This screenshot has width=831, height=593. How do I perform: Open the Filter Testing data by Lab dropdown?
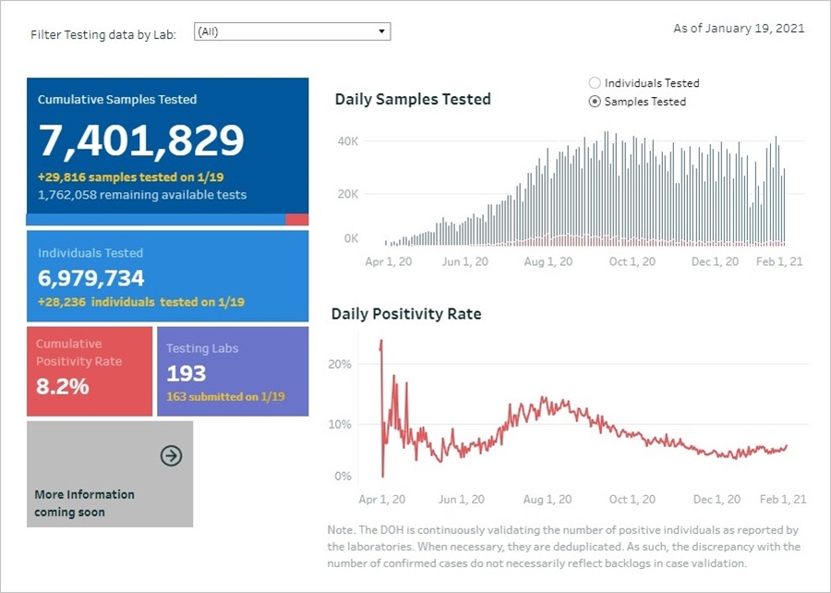point(292,32)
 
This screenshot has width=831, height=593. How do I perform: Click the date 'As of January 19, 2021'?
point(739,29)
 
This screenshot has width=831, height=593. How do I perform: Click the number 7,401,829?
point(141,140)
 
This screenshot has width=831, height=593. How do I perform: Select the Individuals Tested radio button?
point(596,83)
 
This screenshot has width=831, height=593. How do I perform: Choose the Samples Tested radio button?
point(596,102)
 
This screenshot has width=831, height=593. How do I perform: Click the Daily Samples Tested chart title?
point(413,100)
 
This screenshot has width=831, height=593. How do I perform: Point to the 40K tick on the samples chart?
point(347,141)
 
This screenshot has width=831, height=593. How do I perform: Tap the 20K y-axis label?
point(347,194)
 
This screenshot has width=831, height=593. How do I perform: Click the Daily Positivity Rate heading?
point(406,314)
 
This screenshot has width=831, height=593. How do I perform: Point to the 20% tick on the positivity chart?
point(341,365)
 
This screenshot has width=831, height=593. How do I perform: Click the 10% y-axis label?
point(341,425)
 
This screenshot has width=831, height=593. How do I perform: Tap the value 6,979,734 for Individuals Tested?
point(91,278)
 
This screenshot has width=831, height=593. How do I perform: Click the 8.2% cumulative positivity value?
point(63,386)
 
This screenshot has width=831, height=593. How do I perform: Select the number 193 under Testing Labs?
point(187,374)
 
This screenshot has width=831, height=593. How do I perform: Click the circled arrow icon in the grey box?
point(171,455)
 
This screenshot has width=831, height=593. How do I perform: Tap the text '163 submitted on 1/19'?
point(225,397)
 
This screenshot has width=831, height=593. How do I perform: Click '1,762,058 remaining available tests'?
point(142,195)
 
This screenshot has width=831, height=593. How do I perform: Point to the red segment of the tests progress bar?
point(296,220)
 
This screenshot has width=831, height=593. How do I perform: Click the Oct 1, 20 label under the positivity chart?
point(632,500)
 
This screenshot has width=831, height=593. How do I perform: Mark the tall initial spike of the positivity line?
point(380,346)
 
